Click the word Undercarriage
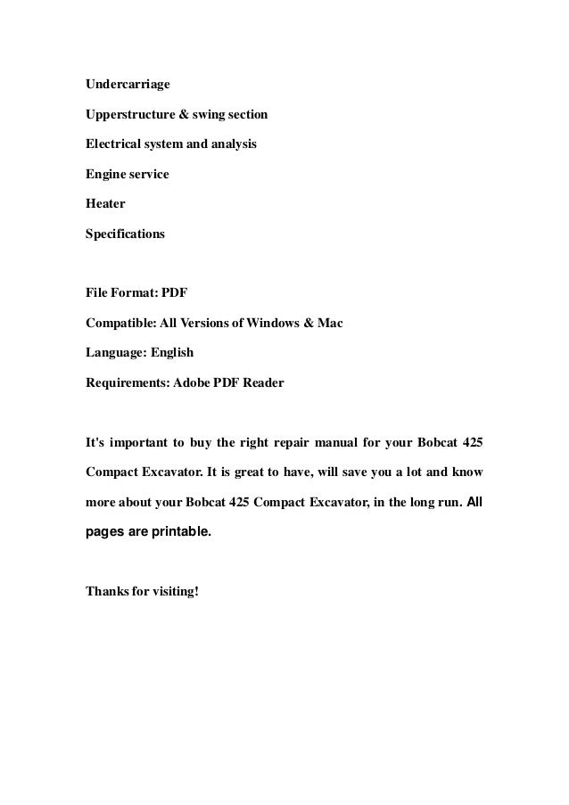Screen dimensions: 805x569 click(127, 85)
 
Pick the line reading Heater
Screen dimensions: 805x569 click(105, 204)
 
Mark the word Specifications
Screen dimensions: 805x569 click(125, 234)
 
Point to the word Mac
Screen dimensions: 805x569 click(328, 323)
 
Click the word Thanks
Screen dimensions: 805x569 click(107, 591)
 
